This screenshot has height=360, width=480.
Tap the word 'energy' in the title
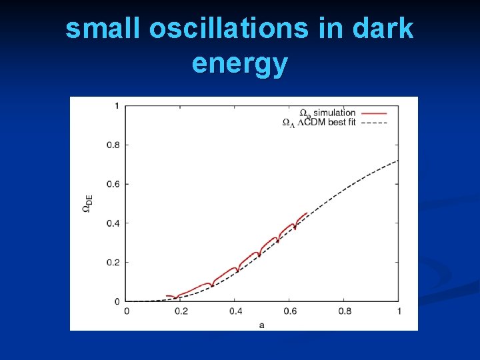[239, 63]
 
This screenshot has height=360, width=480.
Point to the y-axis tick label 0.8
[113, 145]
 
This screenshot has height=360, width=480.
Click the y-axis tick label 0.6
[113, 184]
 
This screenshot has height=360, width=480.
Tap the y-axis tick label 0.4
[113, 223]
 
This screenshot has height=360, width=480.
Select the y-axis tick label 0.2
[113, 262]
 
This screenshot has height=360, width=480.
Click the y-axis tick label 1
[117, 106]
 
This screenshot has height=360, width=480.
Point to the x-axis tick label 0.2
[181, 311]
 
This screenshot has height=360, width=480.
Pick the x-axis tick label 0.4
[235, 311]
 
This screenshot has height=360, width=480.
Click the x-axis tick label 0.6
[290, 311]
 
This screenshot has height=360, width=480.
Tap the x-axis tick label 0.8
[345, 311]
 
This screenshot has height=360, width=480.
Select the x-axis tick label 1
[399, 311]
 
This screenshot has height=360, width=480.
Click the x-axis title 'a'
[261, 324]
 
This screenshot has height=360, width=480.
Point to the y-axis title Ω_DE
[87, 203]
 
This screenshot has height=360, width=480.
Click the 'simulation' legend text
[335, 113]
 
